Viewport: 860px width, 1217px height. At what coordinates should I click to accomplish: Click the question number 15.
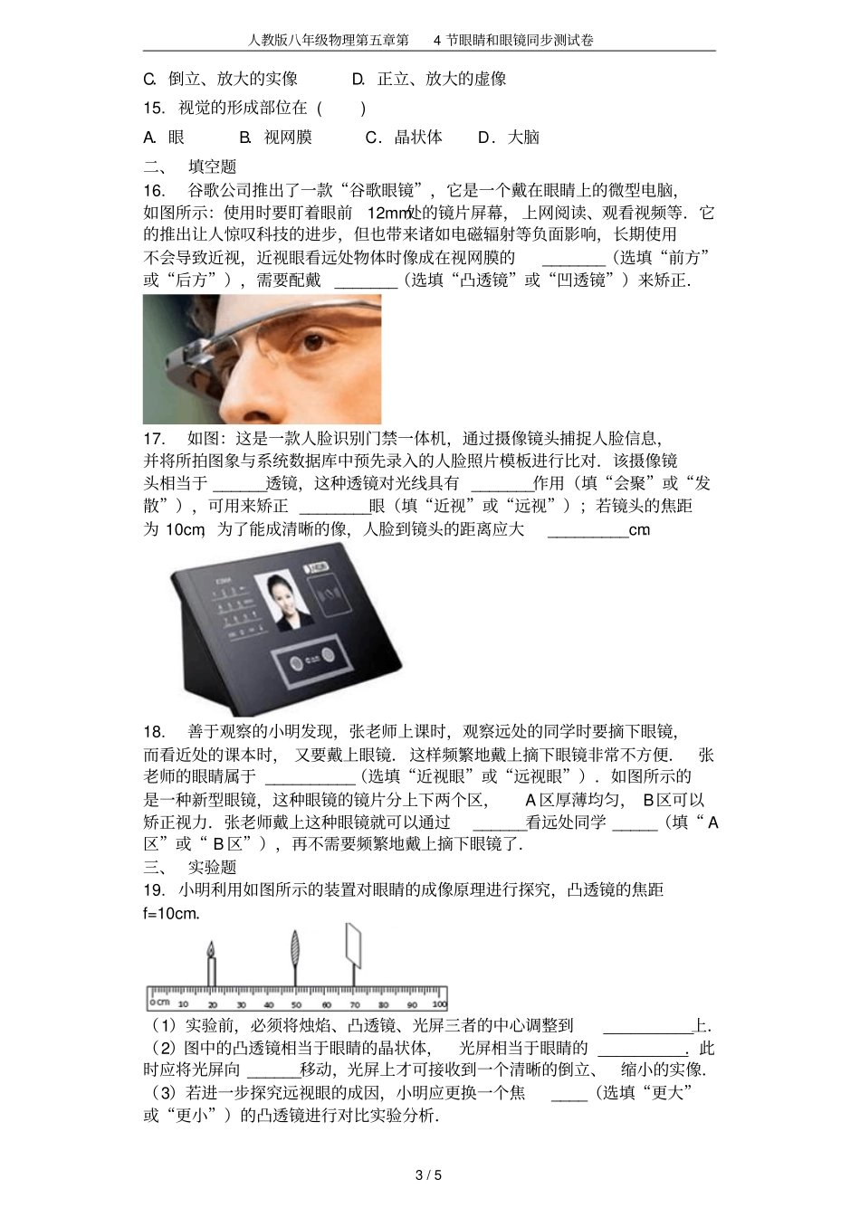154,108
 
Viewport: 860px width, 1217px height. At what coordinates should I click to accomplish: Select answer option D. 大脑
508,138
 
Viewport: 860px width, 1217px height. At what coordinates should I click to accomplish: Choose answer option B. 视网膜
275,138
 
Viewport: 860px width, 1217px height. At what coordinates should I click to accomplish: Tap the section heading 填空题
212,166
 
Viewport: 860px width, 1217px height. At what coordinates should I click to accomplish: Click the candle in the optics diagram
212,964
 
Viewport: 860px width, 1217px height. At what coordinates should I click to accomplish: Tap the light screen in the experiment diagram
353,949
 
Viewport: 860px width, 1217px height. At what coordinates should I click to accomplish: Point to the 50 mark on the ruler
296,1004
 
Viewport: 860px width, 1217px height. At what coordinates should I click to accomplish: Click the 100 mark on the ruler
439,1004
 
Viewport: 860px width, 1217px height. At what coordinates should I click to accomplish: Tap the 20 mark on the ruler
213,1004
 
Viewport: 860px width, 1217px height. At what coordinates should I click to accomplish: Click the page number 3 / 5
428,1175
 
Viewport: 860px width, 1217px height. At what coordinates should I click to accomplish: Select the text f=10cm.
171,913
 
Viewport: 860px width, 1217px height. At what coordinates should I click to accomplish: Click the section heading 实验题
212,867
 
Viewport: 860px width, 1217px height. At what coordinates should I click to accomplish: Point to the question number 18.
154,732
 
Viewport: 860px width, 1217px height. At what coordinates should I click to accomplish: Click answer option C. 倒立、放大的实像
220,80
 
